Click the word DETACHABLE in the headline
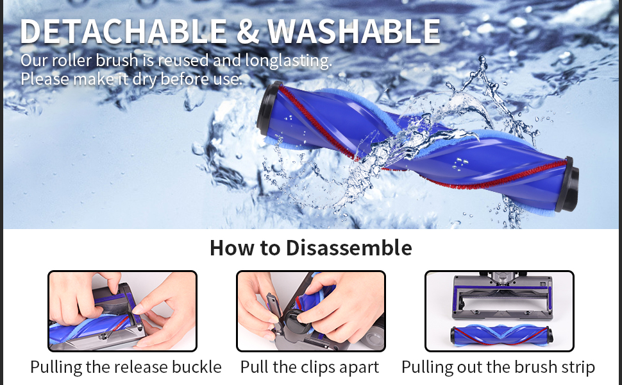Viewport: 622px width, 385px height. [123, 31]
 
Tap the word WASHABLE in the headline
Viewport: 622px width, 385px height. [354, 31]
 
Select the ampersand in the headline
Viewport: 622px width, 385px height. [247, 31]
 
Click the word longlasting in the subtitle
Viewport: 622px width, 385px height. [289, 61]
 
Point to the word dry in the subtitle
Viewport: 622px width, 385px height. [144, 79]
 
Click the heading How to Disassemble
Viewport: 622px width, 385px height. [310, 248]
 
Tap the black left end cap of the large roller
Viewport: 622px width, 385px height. [268, 110]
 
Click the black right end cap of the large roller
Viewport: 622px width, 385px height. [567, 184]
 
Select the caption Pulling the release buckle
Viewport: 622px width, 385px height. [126, 367]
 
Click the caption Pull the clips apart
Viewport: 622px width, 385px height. [310, 367]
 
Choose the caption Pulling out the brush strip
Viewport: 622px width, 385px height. [498, 367]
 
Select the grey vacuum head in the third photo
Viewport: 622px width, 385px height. [502, 297]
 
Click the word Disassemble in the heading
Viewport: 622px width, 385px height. [349, 248]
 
